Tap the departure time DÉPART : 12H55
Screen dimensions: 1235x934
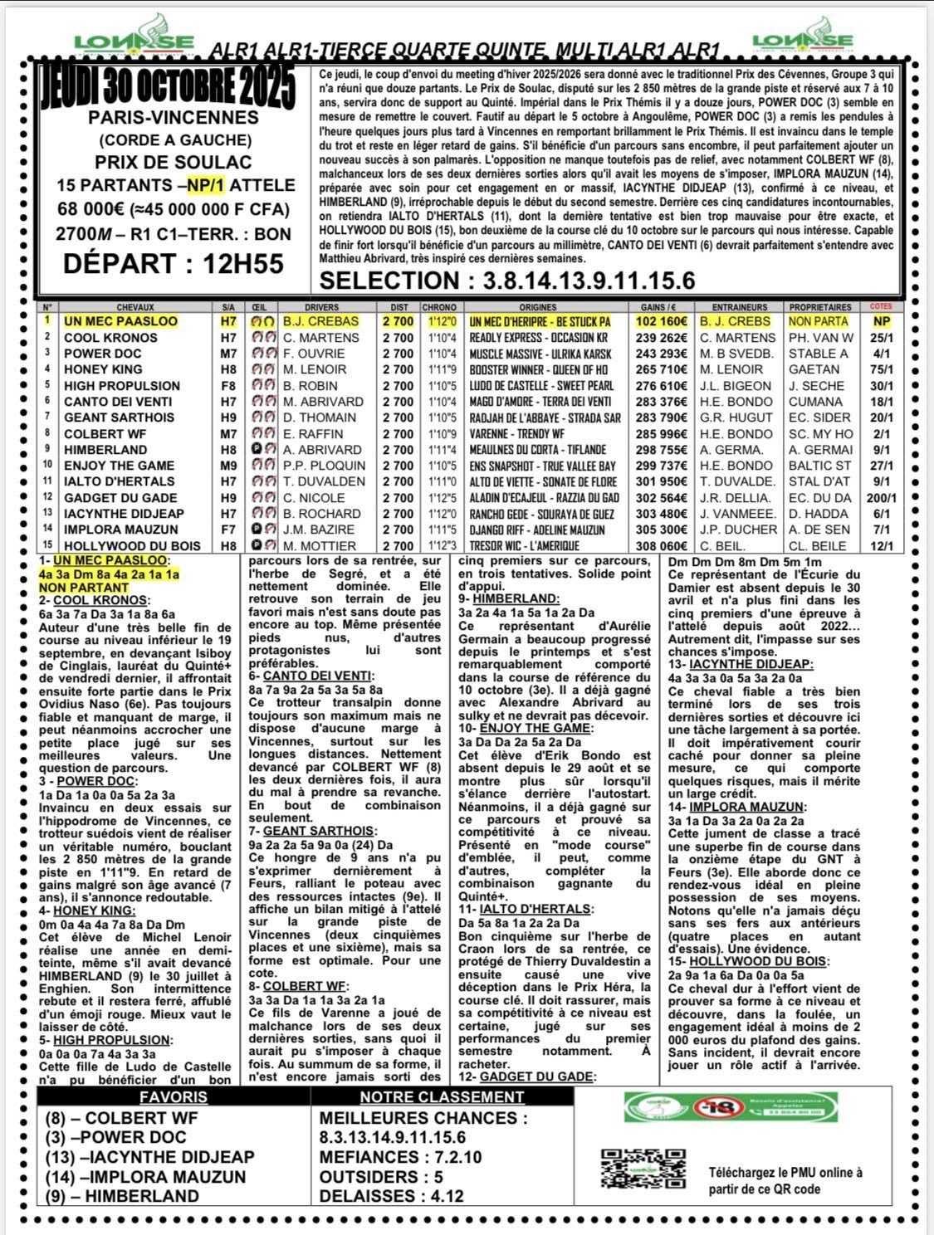click(174, 264)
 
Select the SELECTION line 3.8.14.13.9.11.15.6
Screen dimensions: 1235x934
click(506, 281)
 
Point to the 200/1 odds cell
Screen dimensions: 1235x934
click(881, 498)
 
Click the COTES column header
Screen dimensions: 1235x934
click(881, 307)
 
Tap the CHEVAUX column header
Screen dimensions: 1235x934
click(135, 307)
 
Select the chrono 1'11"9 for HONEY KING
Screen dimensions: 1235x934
click(438, 369)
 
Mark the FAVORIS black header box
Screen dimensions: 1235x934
click(174, 1096)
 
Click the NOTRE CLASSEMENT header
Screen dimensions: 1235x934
click(442, 1096)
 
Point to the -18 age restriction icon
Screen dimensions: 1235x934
click(712, 1107)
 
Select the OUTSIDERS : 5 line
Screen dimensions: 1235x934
click(381, 1177)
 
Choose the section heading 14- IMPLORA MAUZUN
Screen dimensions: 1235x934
click(736, 806)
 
